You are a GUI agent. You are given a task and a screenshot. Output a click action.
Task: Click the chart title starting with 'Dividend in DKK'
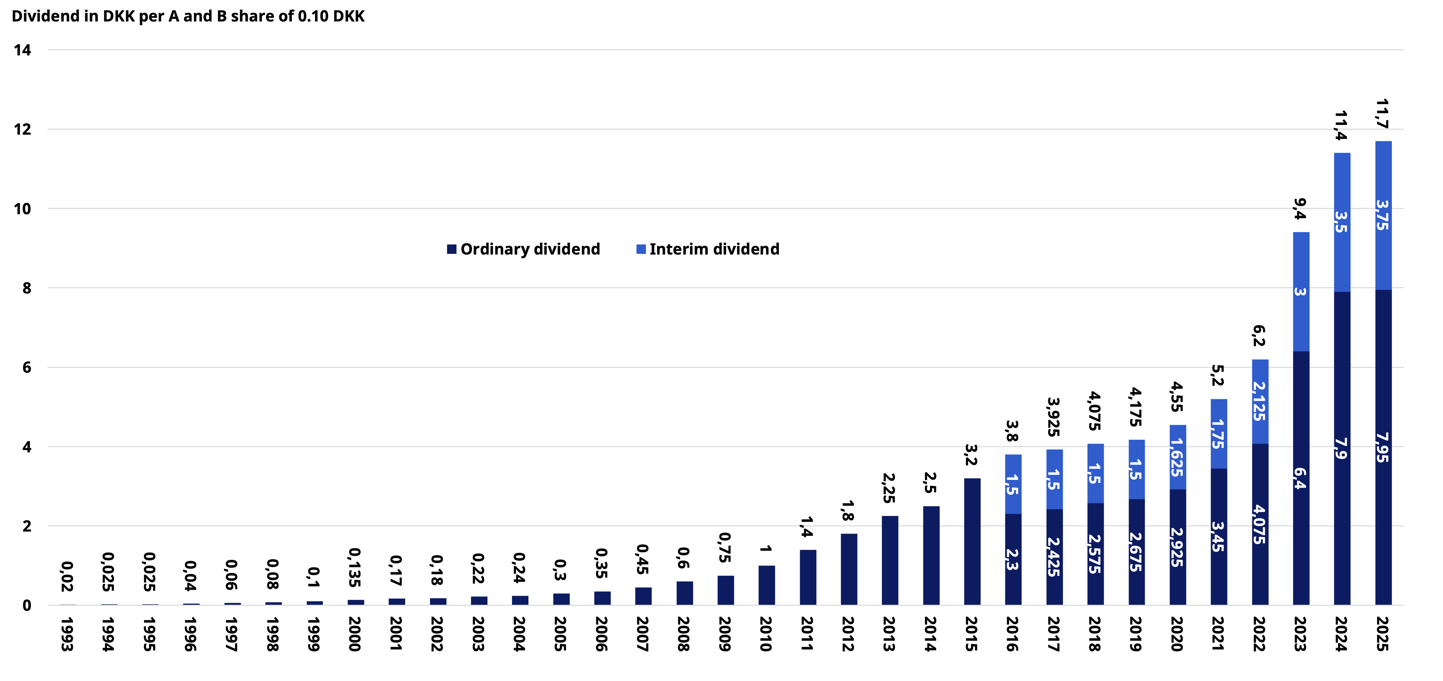click(x=188, y=16)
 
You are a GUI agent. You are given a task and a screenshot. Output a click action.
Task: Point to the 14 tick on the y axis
click(x=23, y=50)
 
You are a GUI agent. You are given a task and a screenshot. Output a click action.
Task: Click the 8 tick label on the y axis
click(x=26, y=288)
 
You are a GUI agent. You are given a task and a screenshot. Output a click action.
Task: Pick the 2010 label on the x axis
click(x=766, y=634)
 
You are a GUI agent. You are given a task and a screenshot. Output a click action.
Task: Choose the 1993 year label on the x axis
click(x=67, y=634)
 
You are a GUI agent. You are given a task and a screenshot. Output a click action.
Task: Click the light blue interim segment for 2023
click(x=1301, y=292)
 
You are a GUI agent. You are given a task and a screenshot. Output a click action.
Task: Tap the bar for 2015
click(x=972, y=542)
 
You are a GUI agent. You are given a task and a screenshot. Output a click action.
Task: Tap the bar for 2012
click(x=849, y=569)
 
